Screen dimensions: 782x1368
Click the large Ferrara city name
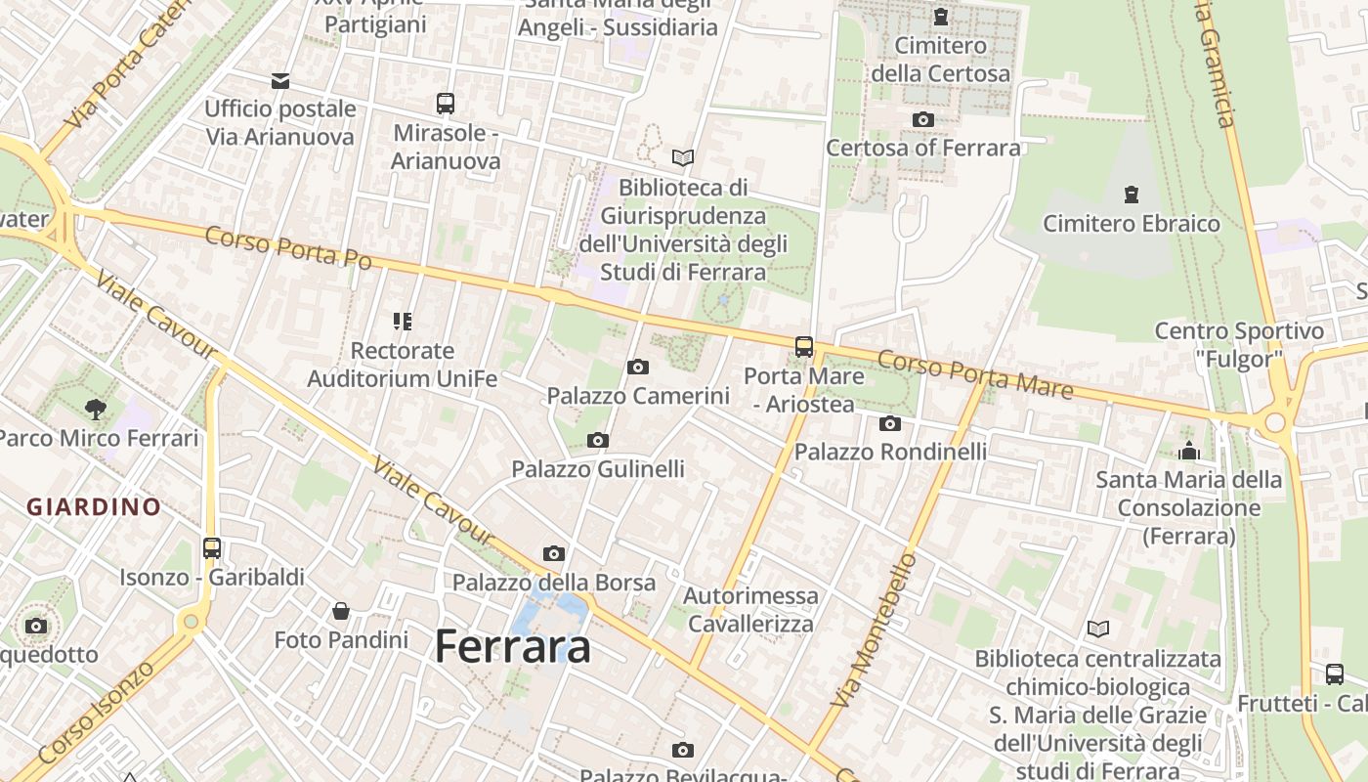click(512, 647)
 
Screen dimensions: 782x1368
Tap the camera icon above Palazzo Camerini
click(637, 368)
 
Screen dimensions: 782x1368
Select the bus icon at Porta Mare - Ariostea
click(804, 346)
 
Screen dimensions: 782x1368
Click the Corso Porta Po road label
click(288, 247)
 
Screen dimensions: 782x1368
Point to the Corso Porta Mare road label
click(974, 374)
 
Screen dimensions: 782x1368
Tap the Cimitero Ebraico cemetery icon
click(1132, 195)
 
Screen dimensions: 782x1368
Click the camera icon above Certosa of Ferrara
click(922, 120)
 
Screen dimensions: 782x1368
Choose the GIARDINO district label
click(94, 506)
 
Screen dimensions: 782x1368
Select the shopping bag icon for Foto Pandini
click(341, 611)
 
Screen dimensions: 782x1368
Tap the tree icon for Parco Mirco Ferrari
click(95, 409)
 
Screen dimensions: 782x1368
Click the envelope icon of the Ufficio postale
click(280, 80)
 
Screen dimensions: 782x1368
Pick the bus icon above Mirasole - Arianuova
click(446, 104)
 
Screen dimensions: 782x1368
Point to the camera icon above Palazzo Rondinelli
click(889, 423)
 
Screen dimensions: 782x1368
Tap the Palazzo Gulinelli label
click(598, 469)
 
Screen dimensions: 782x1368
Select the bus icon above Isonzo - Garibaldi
click(212, 548)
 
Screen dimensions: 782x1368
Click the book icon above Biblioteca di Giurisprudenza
click(683, 157)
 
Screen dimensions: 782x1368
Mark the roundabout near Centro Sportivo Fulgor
click(1274, 423)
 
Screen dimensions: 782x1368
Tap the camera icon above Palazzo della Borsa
click(554, 554)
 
